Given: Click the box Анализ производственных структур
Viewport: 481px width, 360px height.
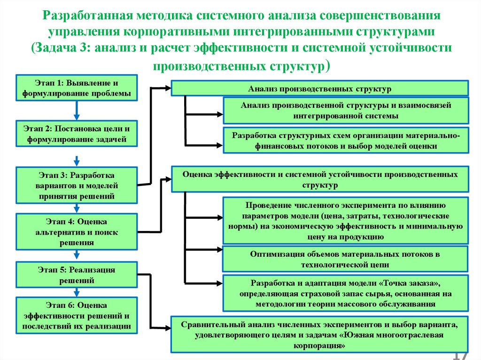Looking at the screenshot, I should tap(319, 88).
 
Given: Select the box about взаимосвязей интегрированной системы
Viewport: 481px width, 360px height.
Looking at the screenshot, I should tap(346, 110).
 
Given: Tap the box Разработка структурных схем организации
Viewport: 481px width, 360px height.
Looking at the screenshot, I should tap(346, 140).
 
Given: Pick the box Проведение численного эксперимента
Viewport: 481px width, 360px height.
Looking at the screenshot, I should tap(346, 221).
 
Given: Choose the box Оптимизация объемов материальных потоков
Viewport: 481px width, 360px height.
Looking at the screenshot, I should tap(346, 259).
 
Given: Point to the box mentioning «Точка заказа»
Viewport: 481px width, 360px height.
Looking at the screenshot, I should tap(346, 294).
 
